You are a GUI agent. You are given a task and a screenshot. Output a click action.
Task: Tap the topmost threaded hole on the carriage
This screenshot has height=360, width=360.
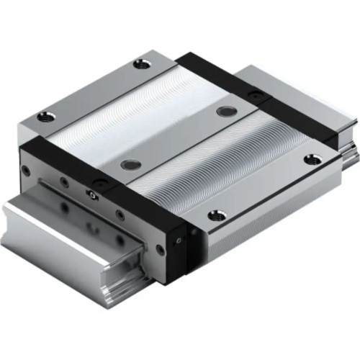point(143,65)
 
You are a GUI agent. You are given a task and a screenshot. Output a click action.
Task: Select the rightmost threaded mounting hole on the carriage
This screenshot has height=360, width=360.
point(311,159)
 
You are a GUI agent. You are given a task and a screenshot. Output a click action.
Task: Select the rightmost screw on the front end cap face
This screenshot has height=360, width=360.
point(160,249)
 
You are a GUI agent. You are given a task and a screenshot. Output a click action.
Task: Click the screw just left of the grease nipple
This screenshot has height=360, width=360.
point(64,182)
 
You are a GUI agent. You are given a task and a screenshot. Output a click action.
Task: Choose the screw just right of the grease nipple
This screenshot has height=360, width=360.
point(120,215)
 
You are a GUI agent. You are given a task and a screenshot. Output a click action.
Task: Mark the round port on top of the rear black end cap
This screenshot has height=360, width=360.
point(253,94)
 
